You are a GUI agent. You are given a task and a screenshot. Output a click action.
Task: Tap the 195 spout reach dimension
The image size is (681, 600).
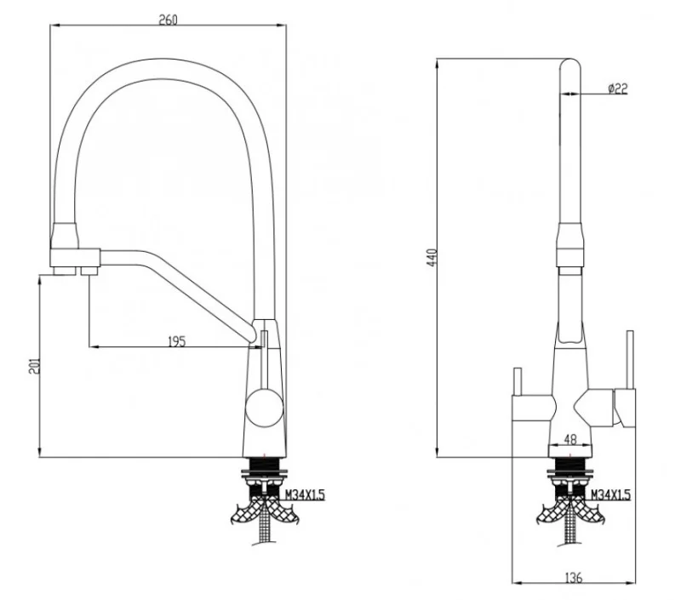click(x=176, y=341)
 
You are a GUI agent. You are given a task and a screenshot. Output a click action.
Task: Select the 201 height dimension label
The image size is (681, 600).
click(x=32, y=365)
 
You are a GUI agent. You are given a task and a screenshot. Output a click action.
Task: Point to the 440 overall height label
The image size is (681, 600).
click(x=430, y=258)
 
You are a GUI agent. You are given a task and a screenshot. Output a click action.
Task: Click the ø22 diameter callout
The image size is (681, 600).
click(x=618, y=89)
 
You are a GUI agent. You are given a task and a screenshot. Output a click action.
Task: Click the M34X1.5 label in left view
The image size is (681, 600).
click(x=304, y=494)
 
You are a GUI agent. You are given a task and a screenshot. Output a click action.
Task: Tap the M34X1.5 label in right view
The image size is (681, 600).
click(x=610, y=494)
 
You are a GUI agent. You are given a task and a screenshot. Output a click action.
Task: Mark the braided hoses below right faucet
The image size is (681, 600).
click(x=569, y=515)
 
